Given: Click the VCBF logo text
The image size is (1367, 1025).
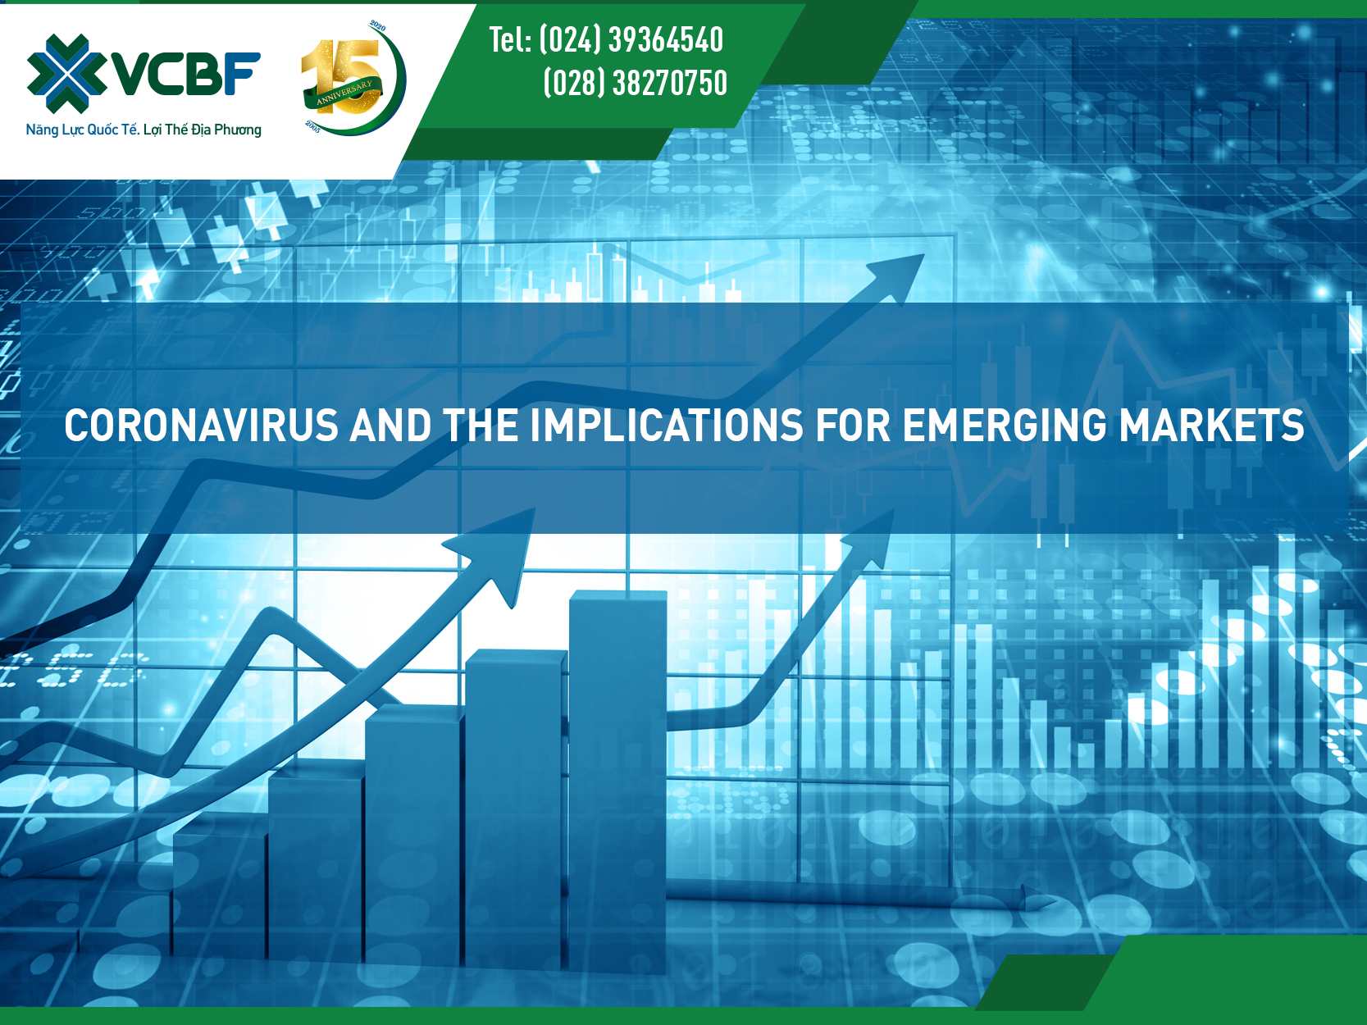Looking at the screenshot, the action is pos(185,74).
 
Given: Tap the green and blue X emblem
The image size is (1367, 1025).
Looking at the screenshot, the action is pos(67,74).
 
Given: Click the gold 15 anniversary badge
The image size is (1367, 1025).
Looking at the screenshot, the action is pos(353,78).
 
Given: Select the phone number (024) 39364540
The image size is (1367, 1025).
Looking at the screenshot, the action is pos(631,40).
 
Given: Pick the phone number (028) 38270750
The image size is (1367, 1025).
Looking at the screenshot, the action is pos(636,83).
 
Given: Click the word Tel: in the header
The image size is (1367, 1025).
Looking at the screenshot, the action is pos(510,40).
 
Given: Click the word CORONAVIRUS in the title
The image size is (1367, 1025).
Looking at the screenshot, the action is pos(201,426).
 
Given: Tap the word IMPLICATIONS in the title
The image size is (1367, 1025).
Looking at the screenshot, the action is pos(667,426).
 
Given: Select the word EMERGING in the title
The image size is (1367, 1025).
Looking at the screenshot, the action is pos(1005,426).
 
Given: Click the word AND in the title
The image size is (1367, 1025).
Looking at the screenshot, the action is pos(390,426).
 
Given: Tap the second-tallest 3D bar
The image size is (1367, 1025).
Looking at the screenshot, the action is pos(516,809).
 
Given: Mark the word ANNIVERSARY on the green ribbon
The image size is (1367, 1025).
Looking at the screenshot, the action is pos(344,92).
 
